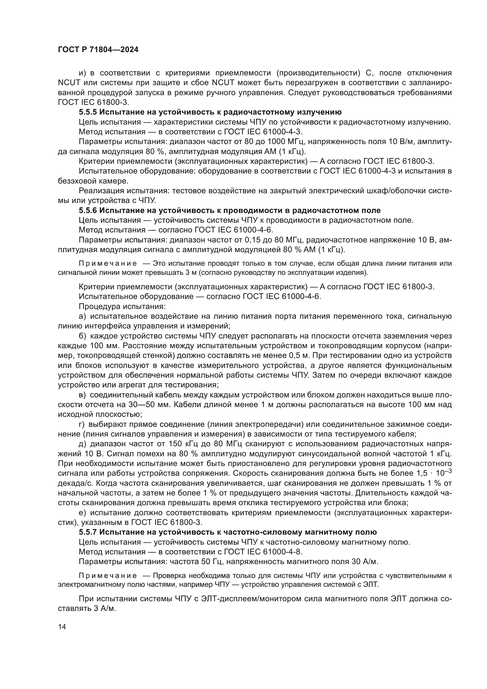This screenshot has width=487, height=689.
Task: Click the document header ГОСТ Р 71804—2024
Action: coord(98,50)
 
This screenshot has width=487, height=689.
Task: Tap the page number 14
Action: coord(62,627)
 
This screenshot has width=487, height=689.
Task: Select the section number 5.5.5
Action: coord(88,112)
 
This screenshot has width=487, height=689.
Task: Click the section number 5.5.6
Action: coord(88,210)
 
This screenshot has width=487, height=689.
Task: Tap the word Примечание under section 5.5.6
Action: coord(108,263)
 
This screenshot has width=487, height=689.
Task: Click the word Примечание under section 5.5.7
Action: coord(108,576)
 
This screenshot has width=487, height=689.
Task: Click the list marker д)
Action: coord(83,444)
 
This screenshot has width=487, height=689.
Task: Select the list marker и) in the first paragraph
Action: coord(82,73)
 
